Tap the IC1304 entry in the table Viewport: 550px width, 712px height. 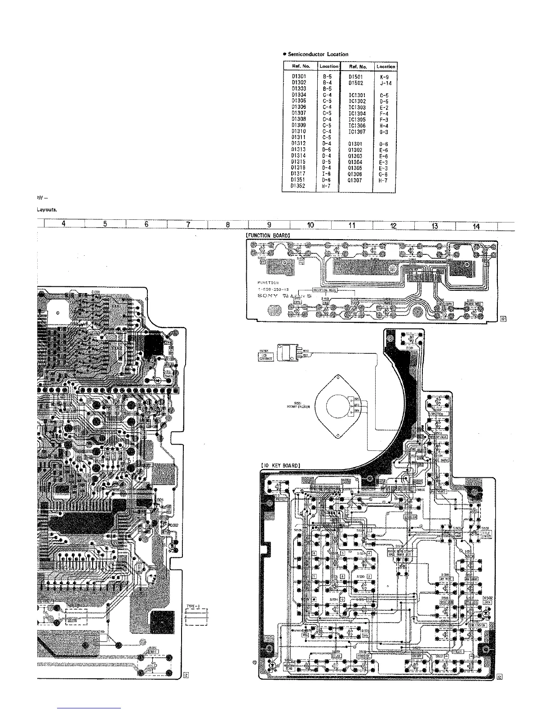(357, 114)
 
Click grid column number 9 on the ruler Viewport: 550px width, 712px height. (269, 226)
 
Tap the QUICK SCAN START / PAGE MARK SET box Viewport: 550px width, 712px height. (404, 552)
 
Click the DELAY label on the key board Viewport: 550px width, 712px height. (336, 656)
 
